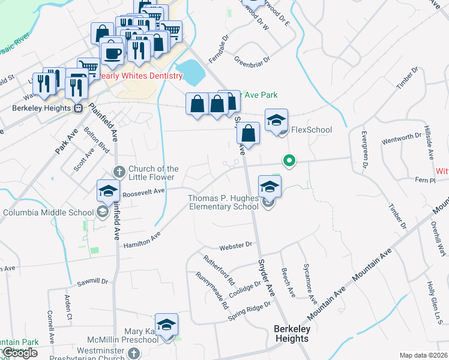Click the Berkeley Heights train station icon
click(77, 109)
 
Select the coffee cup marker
click(112, 54)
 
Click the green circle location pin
click(289, 161)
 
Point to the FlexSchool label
click(311, 130)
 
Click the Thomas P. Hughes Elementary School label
click(223, 202)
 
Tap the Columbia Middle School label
click(47, 212)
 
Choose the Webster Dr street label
click(238, 245)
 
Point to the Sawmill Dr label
click(92, 281)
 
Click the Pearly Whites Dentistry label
click(140, 76)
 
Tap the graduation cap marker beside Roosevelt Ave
click(108, 191)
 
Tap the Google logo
click(19, 353)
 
